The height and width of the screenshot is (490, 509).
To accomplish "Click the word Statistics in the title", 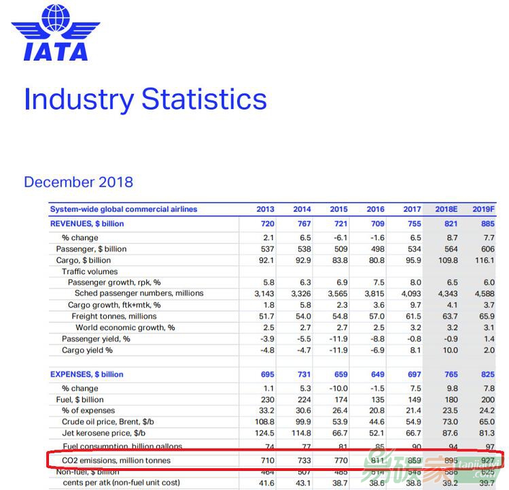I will [204, 99].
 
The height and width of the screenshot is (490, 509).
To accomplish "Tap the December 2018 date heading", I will [78, 182].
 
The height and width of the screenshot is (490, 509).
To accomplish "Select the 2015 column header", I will [338, 210].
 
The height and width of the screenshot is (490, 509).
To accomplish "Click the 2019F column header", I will [484, 210].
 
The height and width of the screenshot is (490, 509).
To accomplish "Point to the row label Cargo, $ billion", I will [84, 260].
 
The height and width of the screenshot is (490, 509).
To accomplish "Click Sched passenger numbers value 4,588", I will [483, 293].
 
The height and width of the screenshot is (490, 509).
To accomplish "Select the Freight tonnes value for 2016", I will [375, 316].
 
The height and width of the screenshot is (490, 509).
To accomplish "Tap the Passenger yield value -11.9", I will [338, 339].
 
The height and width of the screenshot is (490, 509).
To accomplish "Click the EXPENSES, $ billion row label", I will [87, 374].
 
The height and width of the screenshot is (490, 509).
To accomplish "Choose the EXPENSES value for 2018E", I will [447, 374].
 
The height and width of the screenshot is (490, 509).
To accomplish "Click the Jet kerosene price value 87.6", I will [447, 433].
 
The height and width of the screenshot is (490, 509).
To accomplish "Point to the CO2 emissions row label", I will [116, 461].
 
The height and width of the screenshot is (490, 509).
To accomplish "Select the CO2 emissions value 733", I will [302, 461].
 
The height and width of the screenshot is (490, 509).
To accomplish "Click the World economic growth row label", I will [125, 327].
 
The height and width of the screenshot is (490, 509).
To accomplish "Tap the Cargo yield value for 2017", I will [414, 350].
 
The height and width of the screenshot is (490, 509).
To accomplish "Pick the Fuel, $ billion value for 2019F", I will [484, 399].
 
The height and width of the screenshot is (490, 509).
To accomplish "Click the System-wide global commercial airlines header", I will [124, 210].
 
